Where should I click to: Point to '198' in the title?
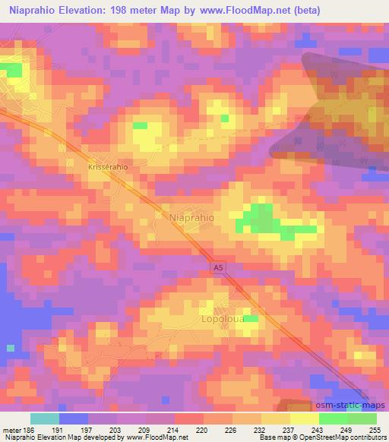tap(123, 10)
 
